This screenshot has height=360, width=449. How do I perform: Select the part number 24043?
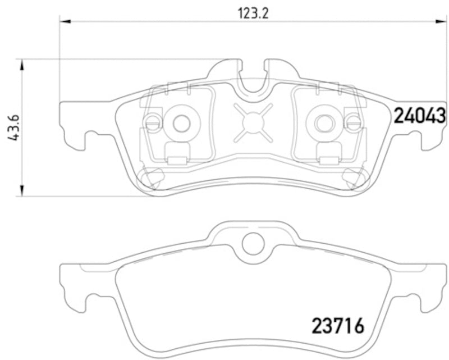pos(419,116)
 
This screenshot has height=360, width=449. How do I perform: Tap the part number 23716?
pos(337,325)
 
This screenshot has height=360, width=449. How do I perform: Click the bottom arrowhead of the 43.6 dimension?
pos(22,192)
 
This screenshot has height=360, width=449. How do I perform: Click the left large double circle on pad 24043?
pos(181,123)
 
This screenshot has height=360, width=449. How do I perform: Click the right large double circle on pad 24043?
pos(323,123)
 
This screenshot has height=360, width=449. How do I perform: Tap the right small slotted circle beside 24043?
pos(352,122)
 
